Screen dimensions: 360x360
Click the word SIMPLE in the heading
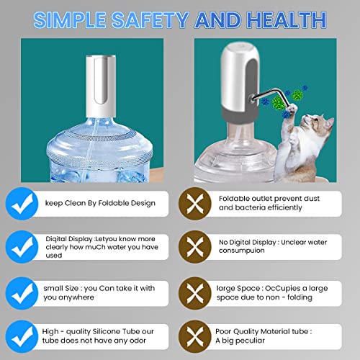[x=70, y=20]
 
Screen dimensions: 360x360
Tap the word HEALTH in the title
[x=287, y=20]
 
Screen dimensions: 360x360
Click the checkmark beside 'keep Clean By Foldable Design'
[x=22, y=204]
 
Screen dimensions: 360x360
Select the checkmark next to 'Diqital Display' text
[x=22, y=247]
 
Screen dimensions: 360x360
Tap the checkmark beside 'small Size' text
[x=22, y=293]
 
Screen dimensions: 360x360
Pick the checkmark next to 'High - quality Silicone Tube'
[x=22, y=336]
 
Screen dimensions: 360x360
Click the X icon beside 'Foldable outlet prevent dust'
[x=195, y=204]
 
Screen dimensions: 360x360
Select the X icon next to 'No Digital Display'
[x=195, y=247]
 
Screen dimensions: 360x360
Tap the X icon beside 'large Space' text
[x=195, y=293]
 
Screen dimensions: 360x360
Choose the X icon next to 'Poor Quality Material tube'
[x=195, y=336]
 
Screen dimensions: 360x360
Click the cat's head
[x=318, y=125]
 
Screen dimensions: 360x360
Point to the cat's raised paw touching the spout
[x=292, y=109]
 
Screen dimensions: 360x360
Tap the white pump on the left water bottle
[x=101, y=86]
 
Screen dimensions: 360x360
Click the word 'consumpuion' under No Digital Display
[x=242, y=251]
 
